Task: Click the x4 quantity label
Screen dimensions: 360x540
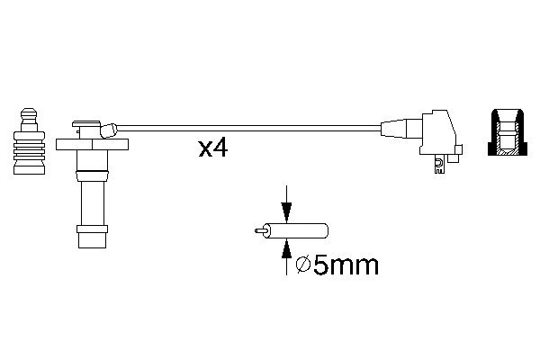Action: [x=213, y=148]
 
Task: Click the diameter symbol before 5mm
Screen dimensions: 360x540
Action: [x=303, y=265]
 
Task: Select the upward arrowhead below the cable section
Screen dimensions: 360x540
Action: [x=286, y=244]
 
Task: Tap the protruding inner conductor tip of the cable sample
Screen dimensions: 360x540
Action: [x=259, y=229]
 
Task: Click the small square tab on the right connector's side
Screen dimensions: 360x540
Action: [x=458, y=148]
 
